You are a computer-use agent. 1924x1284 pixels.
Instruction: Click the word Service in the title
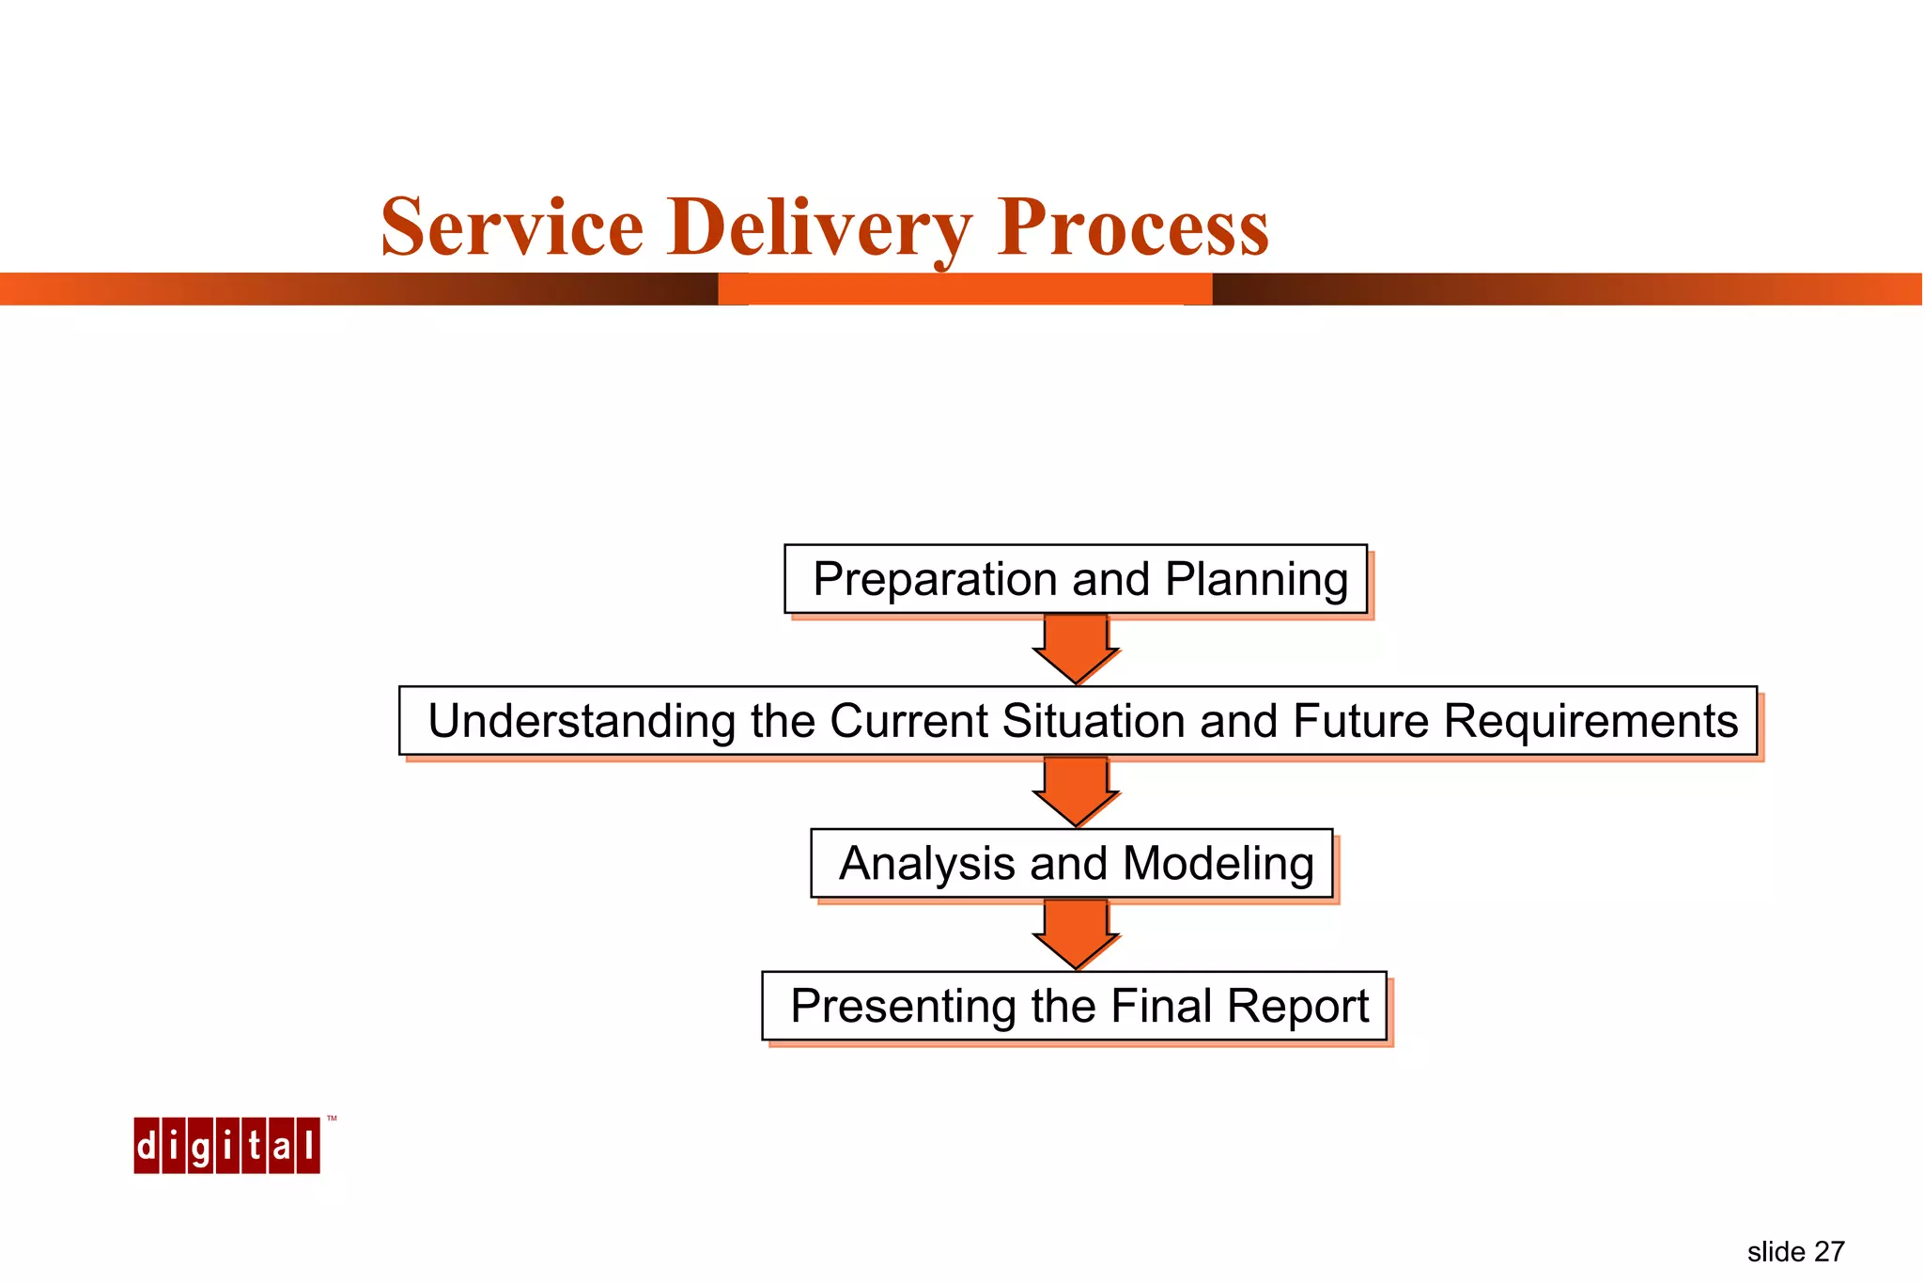pos(512,227)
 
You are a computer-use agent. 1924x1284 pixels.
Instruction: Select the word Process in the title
pos(1133,227)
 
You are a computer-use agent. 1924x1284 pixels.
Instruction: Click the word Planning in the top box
pos(1256,579)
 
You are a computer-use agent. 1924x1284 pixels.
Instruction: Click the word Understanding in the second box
pos(582,722)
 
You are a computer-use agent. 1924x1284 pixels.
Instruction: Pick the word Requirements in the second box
pos(1590,722)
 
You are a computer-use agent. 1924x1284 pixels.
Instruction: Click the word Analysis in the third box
pos(926,864)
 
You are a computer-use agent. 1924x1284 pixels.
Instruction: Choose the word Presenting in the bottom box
pos(903,1007)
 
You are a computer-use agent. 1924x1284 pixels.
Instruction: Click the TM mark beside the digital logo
pos(332,1120)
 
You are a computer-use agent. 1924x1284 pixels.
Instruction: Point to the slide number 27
pos(1828,1252)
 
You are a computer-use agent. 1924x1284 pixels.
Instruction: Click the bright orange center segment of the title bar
pos(965,290)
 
